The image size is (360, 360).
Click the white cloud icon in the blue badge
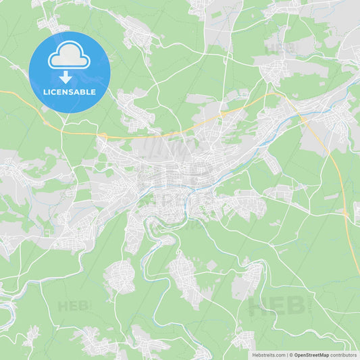tap(69, 59)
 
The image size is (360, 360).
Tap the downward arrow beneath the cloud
tap(69, 78)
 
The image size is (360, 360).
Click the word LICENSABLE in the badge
tap(69, 92)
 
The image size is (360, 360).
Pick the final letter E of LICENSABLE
tap(94, 92)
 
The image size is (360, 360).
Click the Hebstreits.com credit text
tap(268, 355)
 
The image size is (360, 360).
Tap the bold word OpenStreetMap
tap(311, 355)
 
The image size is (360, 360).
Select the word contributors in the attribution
tap(344, 355)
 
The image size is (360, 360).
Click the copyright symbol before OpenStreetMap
tap(291, 355)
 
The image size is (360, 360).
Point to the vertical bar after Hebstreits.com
tap(286, 355)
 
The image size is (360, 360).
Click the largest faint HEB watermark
tap(277, 306)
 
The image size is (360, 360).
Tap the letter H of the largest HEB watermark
tap(257, 306)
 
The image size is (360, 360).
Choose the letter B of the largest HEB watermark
tap(296, 306)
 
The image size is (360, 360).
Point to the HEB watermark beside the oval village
tap(74, 306)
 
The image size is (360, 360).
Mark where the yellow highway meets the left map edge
tap(1, 91)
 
